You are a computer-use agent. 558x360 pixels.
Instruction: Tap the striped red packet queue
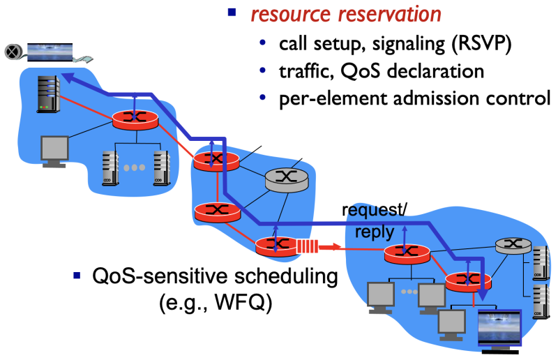pyautogui.click(x=307, y=246)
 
